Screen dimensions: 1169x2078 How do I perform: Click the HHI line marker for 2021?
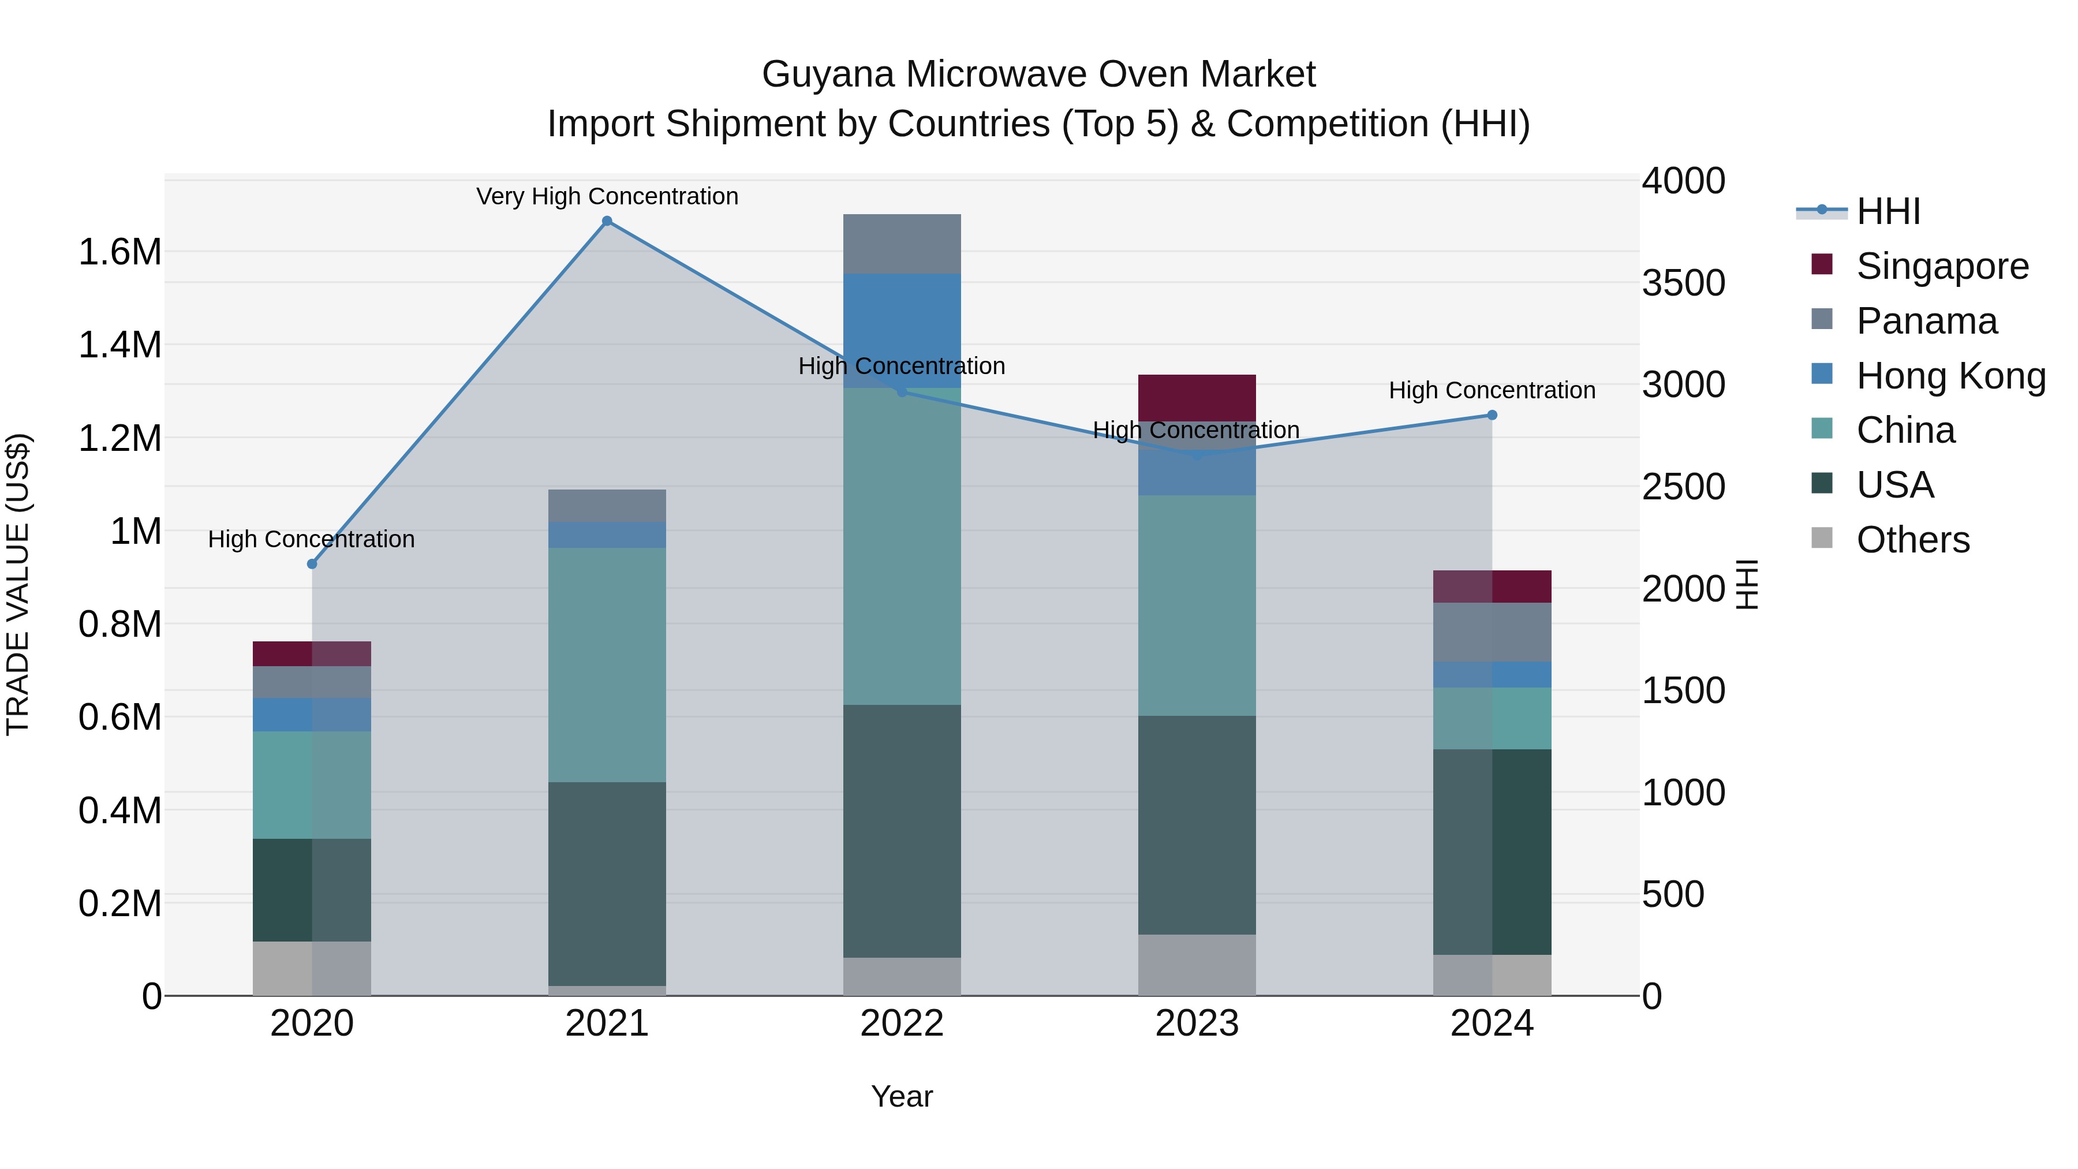pos(607,221)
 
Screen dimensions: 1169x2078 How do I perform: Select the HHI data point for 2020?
pos(312,564)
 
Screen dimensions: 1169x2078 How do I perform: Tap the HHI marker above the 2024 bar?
pos(1492,416)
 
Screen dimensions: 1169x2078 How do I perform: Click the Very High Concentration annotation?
pos(607,197)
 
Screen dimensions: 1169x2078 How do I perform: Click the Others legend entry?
pos(1912,540)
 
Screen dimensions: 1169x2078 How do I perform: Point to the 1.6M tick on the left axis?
pos(119,252)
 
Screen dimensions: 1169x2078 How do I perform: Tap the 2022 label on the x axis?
pos(902,1024)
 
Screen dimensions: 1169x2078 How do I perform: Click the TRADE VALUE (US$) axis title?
pos(18,585)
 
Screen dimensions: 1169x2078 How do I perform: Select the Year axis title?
pos(902,1096)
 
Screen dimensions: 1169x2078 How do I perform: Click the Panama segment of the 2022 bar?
pos(902,244)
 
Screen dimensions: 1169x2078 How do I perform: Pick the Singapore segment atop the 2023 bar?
pos(1197,397)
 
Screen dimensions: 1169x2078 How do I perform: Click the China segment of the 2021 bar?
pos(607,665)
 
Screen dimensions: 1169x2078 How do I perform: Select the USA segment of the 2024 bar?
pos(1492,852)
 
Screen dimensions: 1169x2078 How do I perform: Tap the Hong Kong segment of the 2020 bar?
pos(312,715)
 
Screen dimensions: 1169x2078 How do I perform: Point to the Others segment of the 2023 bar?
pos(1197,965)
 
